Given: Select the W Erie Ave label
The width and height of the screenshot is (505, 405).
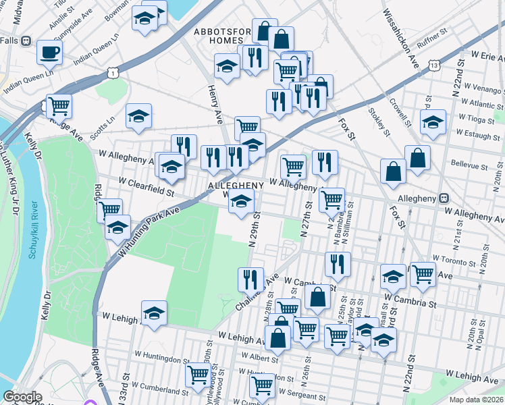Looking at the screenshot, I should (x=479, y=53).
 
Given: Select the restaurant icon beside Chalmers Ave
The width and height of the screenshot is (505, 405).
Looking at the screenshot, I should (x=250, y=278).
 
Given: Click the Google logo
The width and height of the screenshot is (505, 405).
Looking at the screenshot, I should (x=22, y=397).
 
